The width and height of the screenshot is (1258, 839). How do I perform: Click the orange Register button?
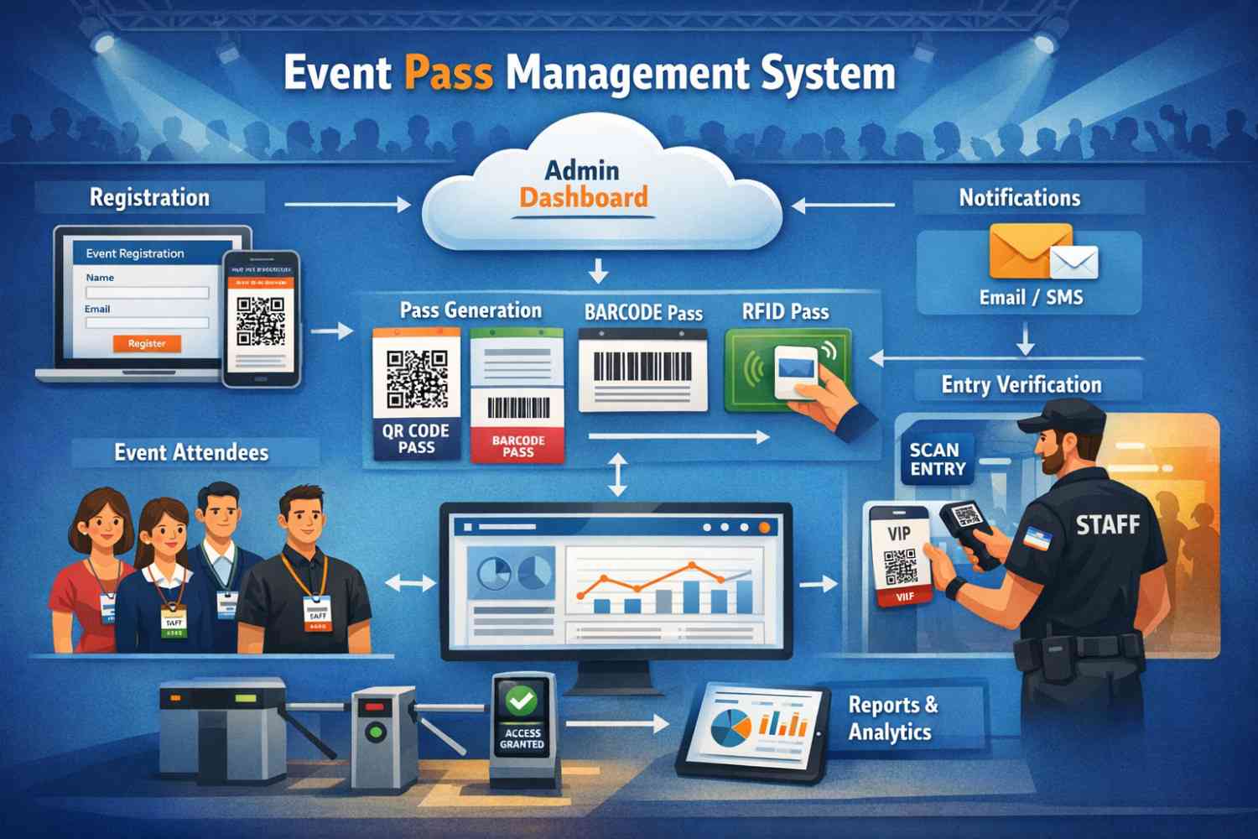click(147, 343)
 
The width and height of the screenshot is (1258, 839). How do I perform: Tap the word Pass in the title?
click(449, 73)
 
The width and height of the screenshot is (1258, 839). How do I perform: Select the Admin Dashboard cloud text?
click(584, 185)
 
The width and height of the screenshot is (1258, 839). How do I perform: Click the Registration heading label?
click(150, 198)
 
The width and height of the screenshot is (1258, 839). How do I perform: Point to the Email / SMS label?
click(1031, 298)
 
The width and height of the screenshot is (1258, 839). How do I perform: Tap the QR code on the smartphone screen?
click(261, 321)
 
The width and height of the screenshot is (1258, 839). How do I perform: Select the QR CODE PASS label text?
click(416, 439)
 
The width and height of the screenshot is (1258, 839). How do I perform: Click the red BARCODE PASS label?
click(517, 446)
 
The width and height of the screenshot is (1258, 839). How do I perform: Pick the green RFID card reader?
click(787, 369)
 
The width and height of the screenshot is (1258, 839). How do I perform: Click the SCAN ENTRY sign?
click(938, 459)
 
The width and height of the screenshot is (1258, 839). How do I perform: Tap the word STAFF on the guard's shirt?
click(1107, 526)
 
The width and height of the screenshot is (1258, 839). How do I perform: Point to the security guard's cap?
click(1064, 414)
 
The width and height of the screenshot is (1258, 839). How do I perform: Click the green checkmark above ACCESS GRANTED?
click(522, 699)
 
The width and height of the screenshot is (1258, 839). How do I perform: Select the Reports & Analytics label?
click(892, 718)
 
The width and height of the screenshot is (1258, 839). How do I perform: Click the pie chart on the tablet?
click(730, 727)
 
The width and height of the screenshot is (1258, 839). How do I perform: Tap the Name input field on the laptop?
click(147, 293)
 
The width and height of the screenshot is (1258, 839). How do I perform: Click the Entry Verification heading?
click(1021, 385)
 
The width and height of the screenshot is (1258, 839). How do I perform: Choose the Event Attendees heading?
click(192, 453)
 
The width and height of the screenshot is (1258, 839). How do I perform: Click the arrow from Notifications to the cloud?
click(843, 205)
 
